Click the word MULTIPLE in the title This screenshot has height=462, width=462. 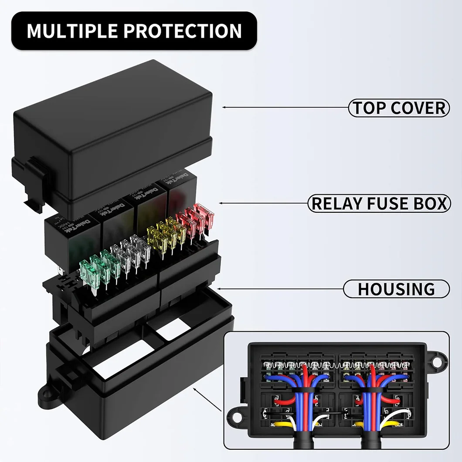(71, 31)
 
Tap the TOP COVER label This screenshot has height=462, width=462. (399, 108)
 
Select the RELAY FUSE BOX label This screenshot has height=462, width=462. (379, 204)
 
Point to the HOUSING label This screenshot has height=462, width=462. (396, 289)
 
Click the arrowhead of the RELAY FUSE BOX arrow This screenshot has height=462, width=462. (221, 204)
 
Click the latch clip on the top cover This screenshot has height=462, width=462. (36, 179)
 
